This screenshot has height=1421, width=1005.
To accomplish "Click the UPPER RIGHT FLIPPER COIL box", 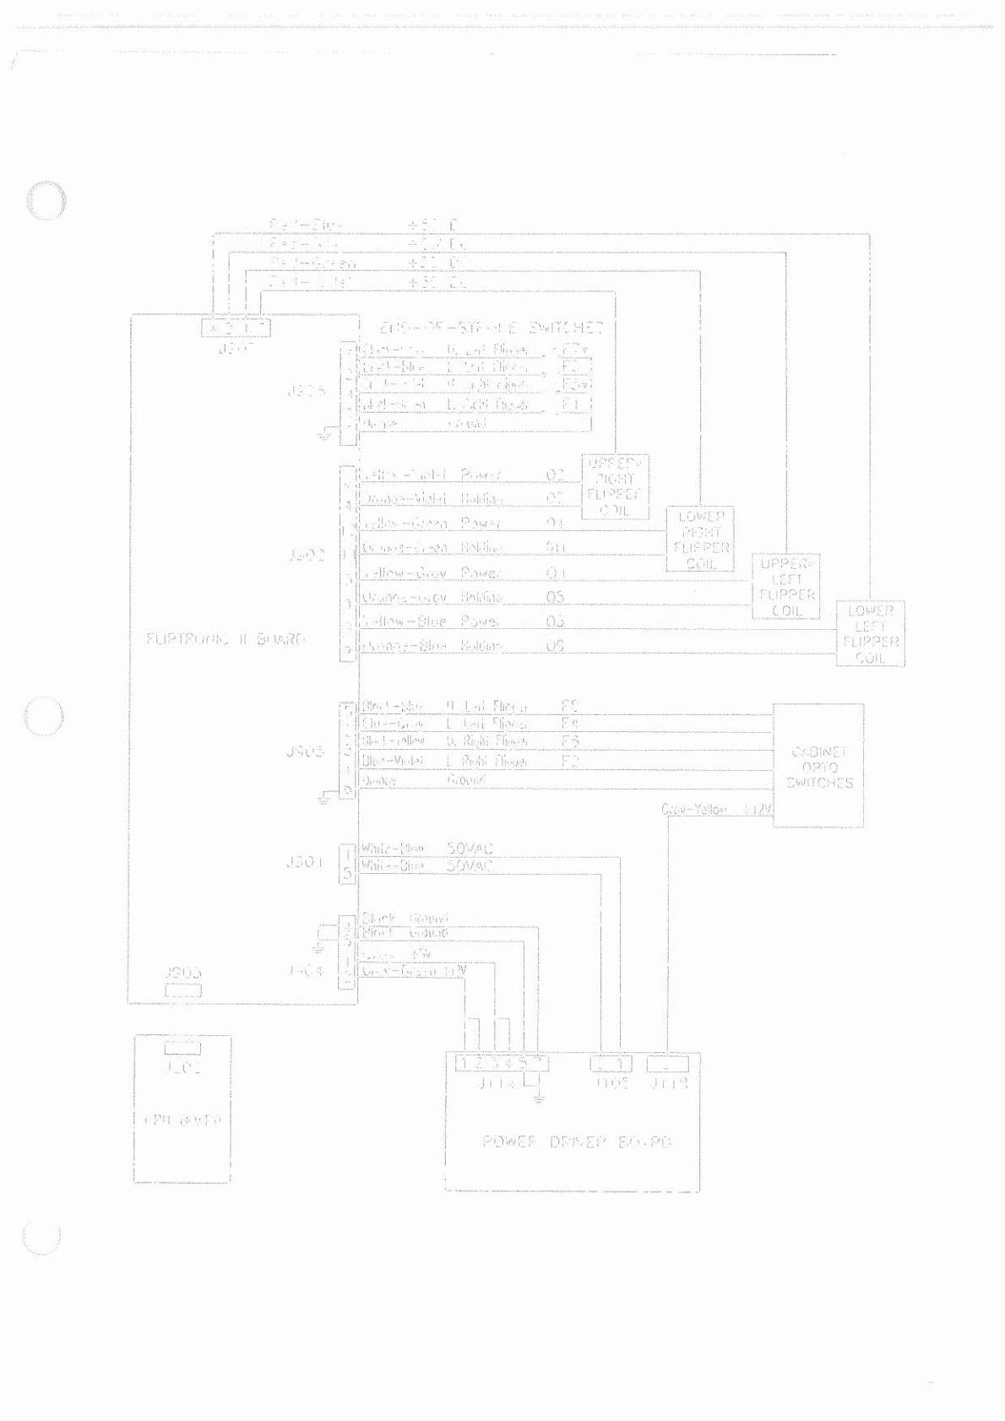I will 616,487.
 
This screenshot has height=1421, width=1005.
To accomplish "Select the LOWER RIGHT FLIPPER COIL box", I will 700,540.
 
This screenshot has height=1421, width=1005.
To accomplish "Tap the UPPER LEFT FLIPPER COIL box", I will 786,587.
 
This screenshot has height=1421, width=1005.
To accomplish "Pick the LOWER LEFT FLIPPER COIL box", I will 870,634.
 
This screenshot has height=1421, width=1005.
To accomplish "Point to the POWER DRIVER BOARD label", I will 578,1142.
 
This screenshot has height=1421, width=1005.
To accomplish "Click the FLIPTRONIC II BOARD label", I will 225,639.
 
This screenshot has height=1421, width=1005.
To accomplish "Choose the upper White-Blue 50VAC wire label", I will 426,848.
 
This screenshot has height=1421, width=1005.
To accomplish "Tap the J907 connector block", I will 236,327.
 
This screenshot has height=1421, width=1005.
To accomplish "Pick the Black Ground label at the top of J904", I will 404,918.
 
